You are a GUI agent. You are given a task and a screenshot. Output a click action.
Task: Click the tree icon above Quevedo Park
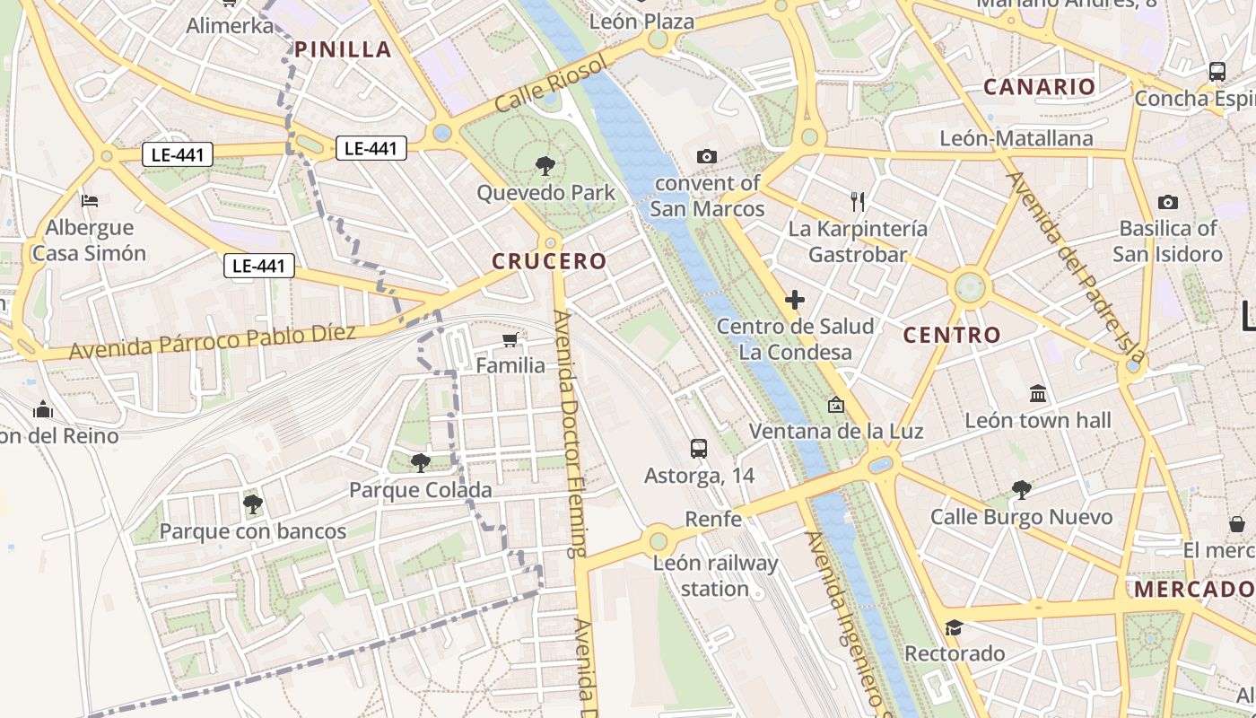pyautogui.click(x=544, y=166)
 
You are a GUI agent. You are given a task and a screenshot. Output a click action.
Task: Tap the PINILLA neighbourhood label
pyautogui.click(x=344, y=49)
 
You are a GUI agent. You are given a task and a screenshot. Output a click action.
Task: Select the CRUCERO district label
pyautogui.click(x=549, y=261)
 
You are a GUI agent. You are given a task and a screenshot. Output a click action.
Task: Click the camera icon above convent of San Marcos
pyautogui.click(x=706, y=157)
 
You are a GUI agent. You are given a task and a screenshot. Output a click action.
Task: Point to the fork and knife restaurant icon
pyautogui.click(x=858, y=202)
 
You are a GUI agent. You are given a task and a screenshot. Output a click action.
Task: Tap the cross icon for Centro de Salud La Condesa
pyautogui.click(x=794, y=300)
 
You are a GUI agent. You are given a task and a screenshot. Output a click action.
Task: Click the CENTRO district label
pyautogui.click(x=951, y=335)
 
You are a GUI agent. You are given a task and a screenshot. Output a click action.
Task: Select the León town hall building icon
pyautogui.click(x=1038, y=393)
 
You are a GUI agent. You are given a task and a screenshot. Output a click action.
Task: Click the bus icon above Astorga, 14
pyautogui.click(x=699, y=448)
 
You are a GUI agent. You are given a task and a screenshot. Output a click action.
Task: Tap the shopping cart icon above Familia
pyautogui.click(x=510, y=339)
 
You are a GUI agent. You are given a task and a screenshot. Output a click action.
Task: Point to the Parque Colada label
pyautogui.click(x=420, y=490)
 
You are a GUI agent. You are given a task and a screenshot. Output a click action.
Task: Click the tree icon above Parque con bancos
pyautogui.click(x=252, y=504)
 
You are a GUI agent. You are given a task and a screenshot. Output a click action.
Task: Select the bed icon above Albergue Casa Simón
pyautogui.click(x=90, y=200)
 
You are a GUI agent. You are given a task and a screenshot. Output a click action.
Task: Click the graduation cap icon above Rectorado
pyautogui.click(x=954, y=626)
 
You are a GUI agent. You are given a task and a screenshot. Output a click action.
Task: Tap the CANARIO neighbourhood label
pyautogui.click(x=1039, y=87)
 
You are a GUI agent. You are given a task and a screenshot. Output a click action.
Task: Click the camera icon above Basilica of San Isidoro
pyautogui.click(x=1167, y=202)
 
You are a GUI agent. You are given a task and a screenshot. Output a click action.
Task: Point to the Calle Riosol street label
pyautogui.click(x=551, y=83)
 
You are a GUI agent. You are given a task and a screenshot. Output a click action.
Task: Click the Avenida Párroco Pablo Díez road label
pyautogui.click(x=213, y=341)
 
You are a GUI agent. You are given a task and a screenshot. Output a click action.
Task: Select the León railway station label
pyautogui.click(x=715, y=576)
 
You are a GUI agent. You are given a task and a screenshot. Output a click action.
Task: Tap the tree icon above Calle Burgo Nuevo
pyautogui.click(x=1020, y=490)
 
